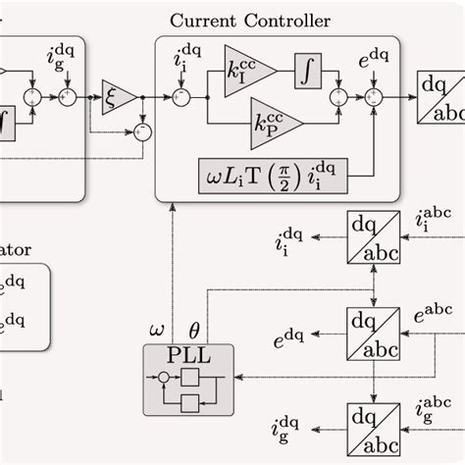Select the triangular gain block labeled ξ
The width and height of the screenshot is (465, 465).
[x=121, y=96]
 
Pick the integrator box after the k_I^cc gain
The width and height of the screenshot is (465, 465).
[x=307, y=68]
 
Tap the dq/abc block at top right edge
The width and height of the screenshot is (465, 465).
[x=440, y=97]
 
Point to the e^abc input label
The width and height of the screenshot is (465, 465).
[x=433, y=315]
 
